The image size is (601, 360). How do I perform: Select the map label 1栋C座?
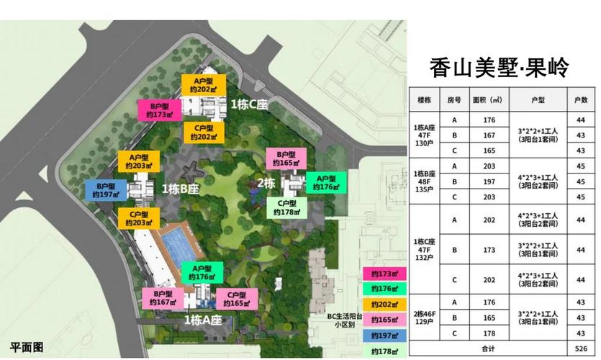click(x=249, y=104)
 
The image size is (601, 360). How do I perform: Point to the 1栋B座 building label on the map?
click(x=180, y=189)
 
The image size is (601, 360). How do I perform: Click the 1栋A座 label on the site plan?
click(x=202, y=319)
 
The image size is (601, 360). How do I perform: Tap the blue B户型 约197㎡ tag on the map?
click(x=106, y=189)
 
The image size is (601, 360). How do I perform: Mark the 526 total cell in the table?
click(x=581, y=348)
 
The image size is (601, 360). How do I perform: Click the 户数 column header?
click(x=581, y=100)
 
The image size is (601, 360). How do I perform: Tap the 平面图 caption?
click(x=27, y=347)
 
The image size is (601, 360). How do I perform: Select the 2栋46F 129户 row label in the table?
click(x=424, y=318)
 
